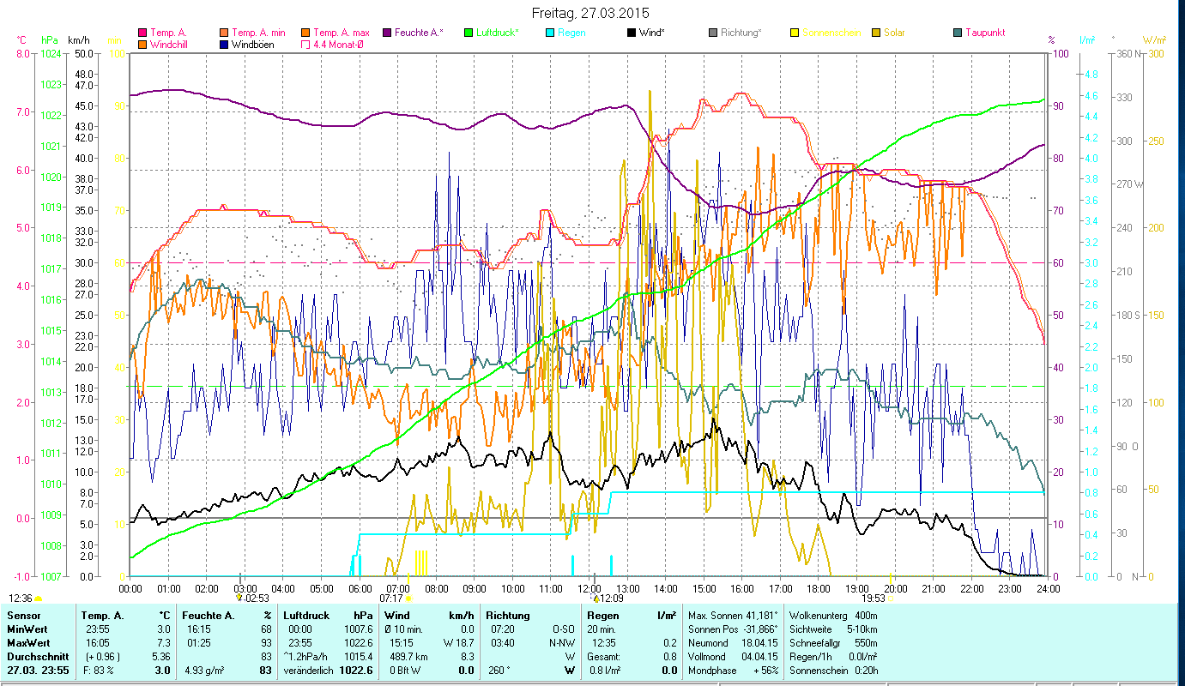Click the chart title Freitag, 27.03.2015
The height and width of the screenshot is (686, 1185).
pyautogui.click(x=590, y=13)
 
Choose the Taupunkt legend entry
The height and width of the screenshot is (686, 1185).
pyautogui.click(x=984, y=33)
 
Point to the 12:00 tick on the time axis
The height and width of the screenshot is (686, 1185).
pyautogui.click(x=589, y=588)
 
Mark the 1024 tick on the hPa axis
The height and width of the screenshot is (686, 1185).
pyautogui.click(x=51, y=53)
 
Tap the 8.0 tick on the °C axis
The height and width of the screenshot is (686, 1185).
pyautogui.click(x=22, y=53)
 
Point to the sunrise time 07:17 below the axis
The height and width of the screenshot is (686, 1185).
pyautogui.click(x=390, y=599)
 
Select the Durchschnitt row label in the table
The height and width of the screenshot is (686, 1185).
pyautogui.click(x=33, y=656)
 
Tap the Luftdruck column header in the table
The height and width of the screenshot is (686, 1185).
pyautogui.click(x=305, y=616)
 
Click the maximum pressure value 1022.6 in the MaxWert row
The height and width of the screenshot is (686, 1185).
pyautogui.click(x=358, y=642)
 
